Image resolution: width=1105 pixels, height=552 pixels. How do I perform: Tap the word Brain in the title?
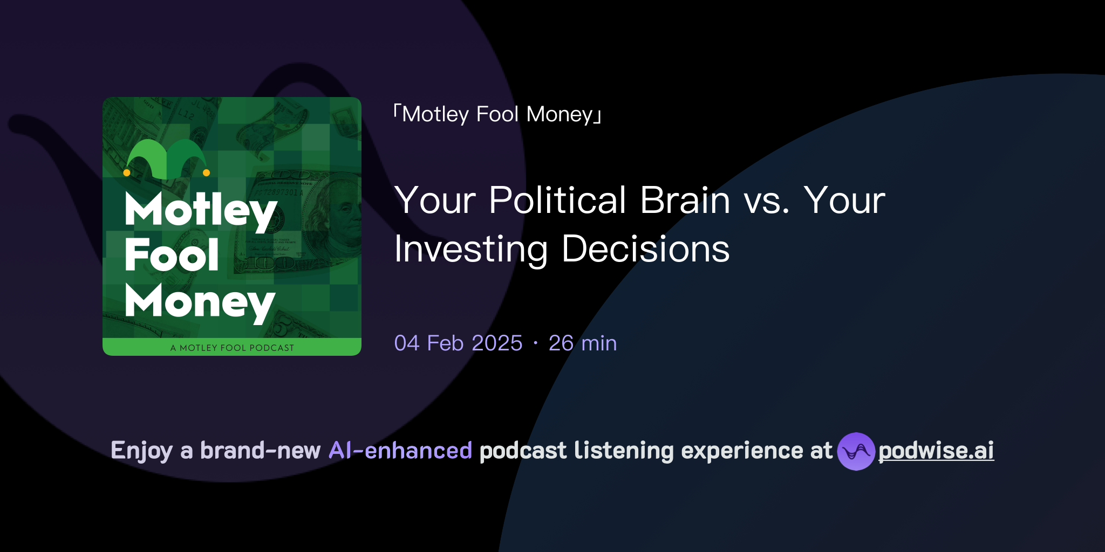point(685,201)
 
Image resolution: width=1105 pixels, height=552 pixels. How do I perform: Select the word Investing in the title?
point(471,250)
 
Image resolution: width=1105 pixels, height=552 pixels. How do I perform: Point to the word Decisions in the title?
point(645,250)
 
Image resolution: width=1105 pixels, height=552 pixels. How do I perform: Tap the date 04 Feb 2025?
point(458,343)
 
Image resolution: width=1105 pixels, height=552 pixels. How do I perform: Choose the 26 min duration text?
point(583,343)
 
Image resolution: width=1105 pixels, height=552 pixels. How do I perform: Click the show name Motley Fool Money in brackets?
point(497,114)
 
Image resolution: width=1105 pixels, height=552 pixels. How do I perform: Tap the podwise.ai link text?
point(936,451)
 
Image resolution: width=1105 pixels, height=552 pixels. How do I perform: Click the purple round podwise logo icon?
point(856,451)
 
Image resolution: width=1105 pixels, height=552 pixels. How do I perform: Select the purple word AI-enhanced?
point(400,451)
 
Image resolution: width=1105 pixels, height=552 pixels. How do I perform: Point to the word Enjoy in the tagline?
point(142,451)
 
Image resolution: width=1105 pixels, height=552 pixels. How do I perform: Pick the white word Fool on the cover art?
point(172,255)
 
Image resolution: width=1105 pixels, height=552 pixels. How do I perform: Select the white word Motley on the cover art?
point(201,210)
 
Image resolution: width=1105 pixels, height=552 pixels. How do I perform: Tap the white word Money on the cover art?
point(200,302)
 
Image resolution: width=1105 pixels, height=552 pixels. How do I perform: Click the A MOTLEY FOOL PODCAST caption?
point(232,348)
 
